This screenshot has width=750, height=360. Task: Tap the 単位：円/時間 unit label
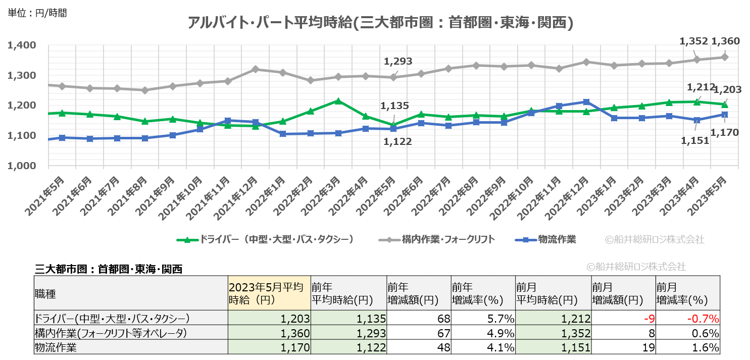pyautogui.click(x=37, y=13)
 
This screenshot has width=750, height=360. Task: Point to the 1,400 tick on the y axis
pyautogui.click(x=22, y=45)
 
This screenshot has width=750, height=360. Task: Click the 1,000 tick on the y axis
pyautogui.click(x=22, y=166)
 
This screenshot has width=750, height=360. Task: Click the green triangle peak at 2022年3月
pyautogui.click(x=338, y=101)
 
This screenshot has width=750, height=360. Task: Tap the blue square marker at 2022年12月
pyautogui.click(x=586, y=102)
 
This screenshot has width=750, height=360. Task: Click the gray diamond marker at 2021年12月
pyautogui.click(x=255, y=69)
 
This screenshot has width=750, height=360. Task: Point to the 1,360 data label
pyautogui.click(x=725, y=41)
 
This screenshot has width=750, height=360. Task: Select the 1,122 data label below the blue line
pyautogui.click(x=398, y=142)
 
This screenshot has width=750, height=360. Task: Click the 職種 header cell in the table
pyautogui.click(x=45, y=293)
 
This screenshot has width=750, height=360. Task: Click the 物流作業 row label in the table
pyautogui.click(x=53, y=347)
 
